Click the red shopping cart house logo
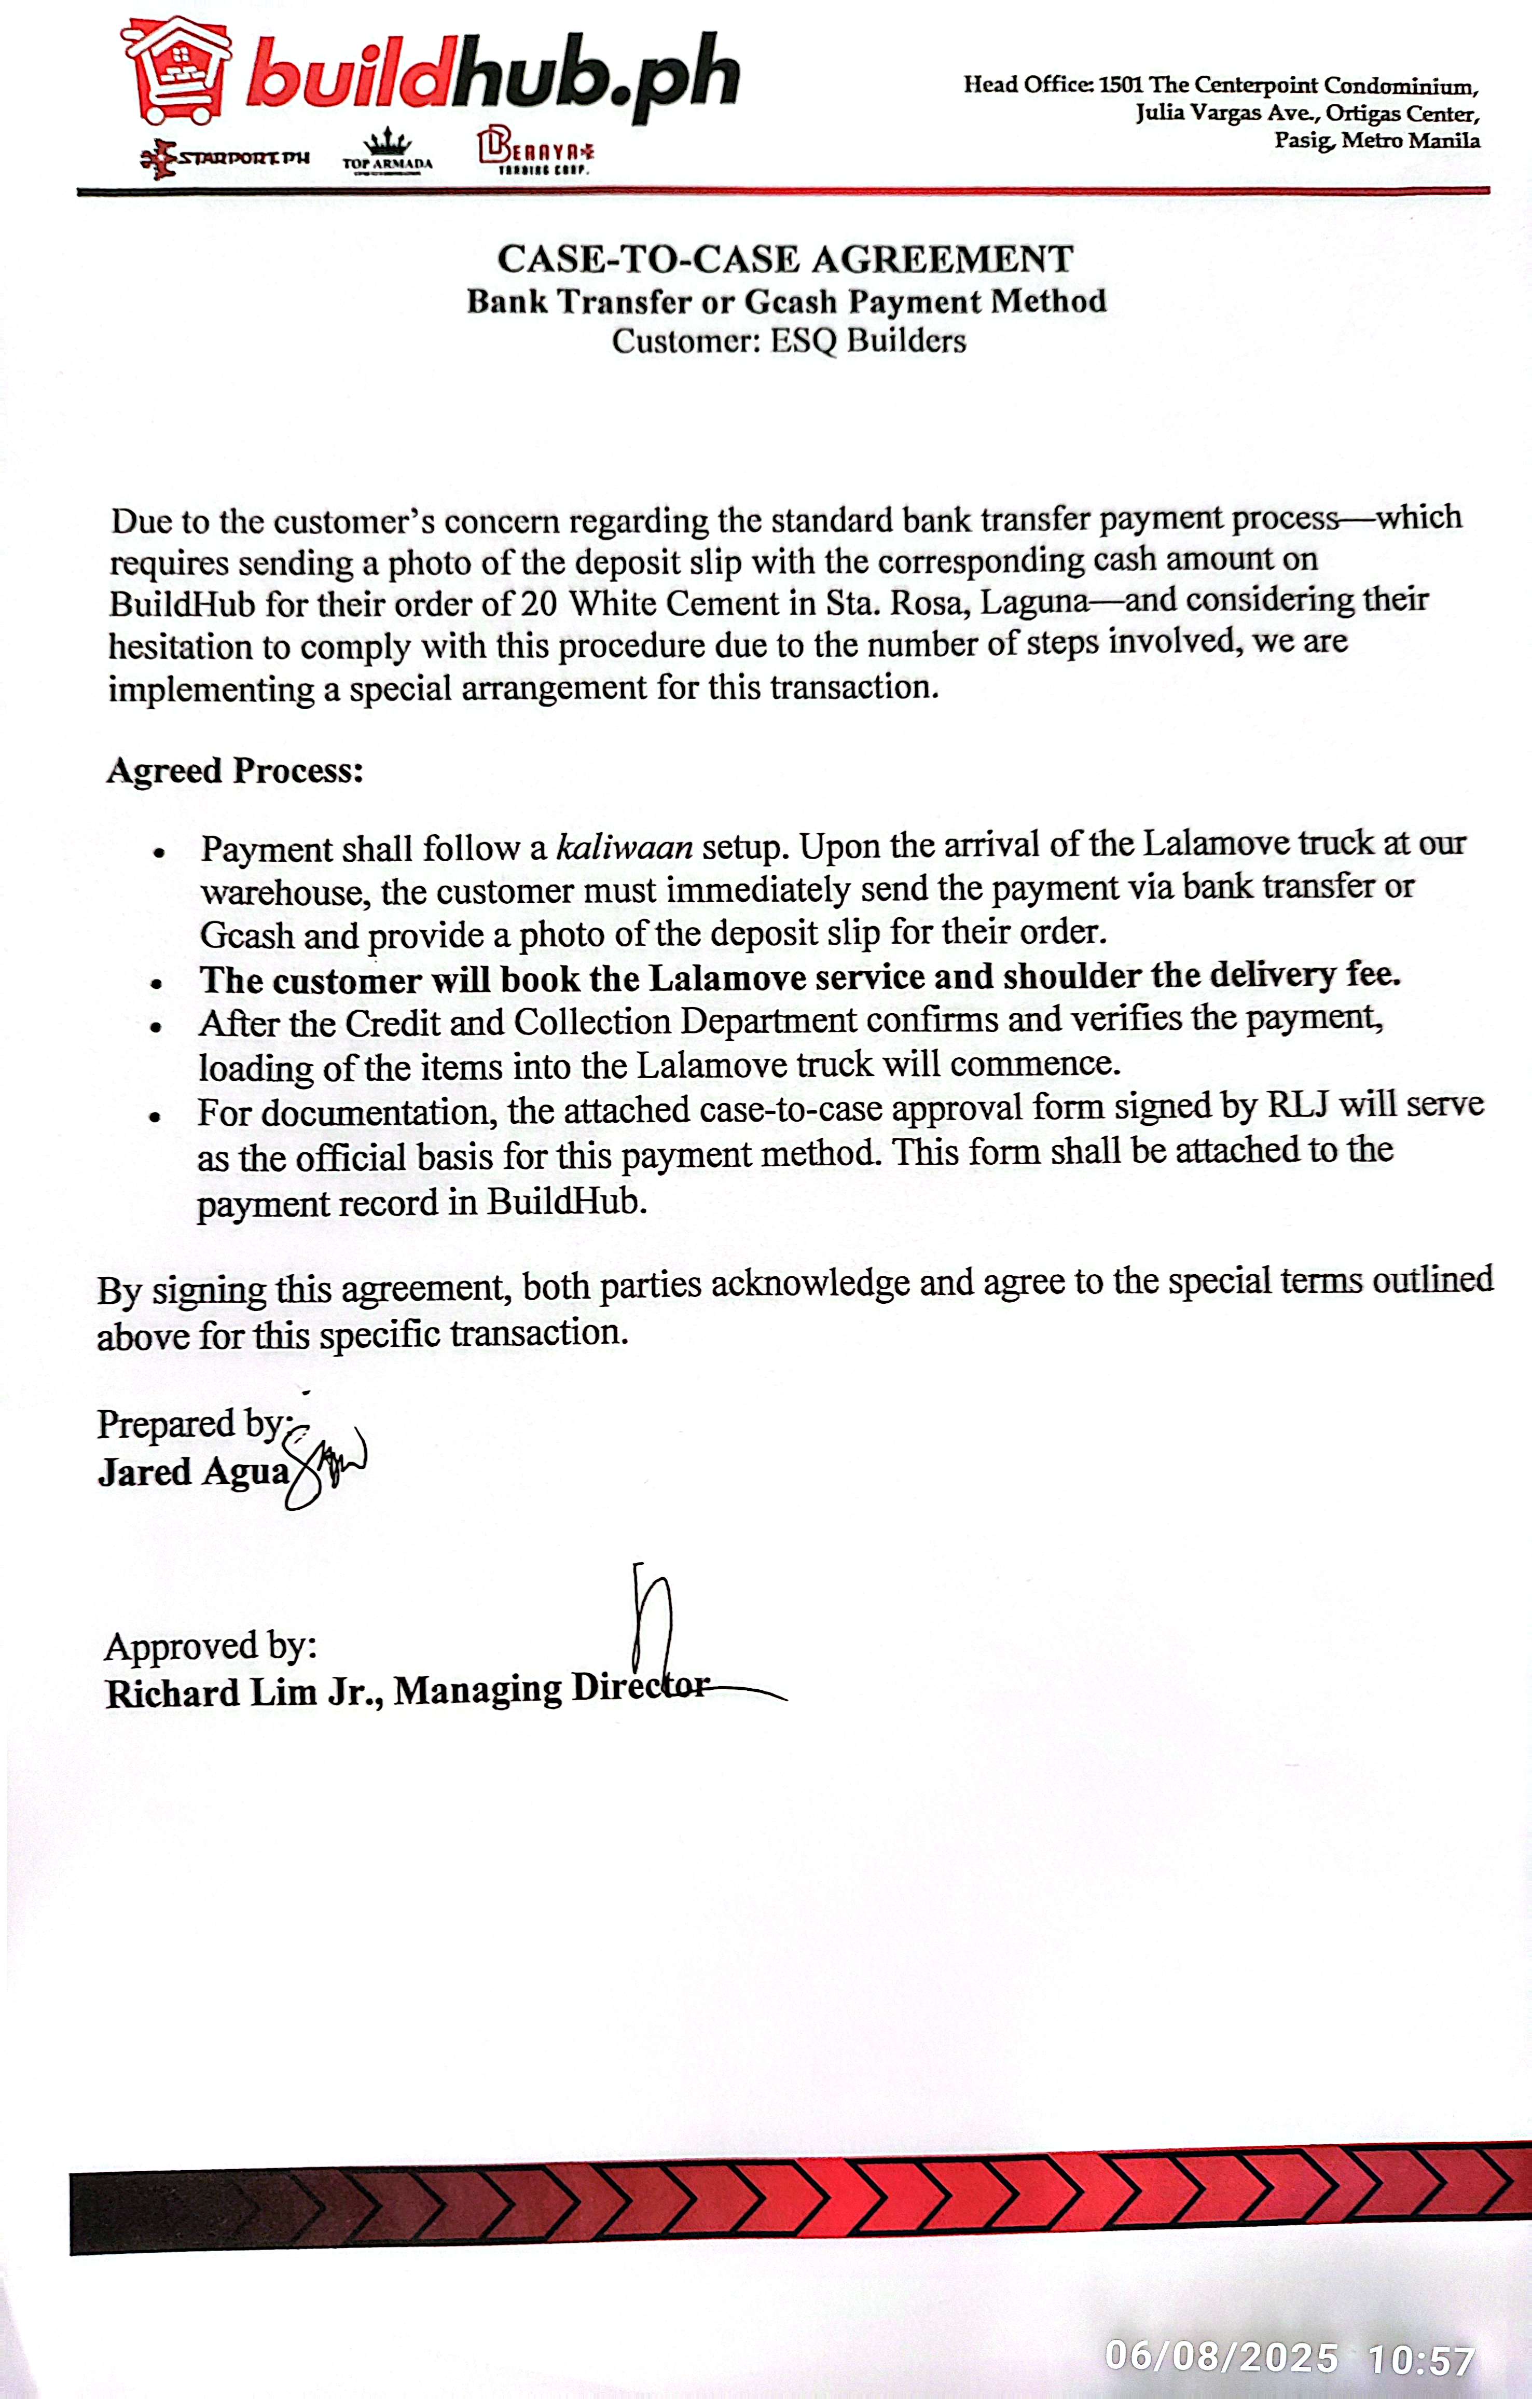click(177, 72)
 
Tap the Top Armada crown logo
click(388, 149)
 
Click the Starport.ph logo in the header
click(225, 157)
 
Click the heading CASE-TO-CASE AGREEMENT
click(785, 259)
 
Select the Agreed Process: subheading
click(235, 770)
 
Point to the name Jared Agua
click(193, 1471)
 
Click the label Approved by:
click(210, 1646)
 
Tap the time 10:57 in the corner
click(1420, 2359)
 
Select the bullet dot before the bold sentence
click(156, 983)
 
